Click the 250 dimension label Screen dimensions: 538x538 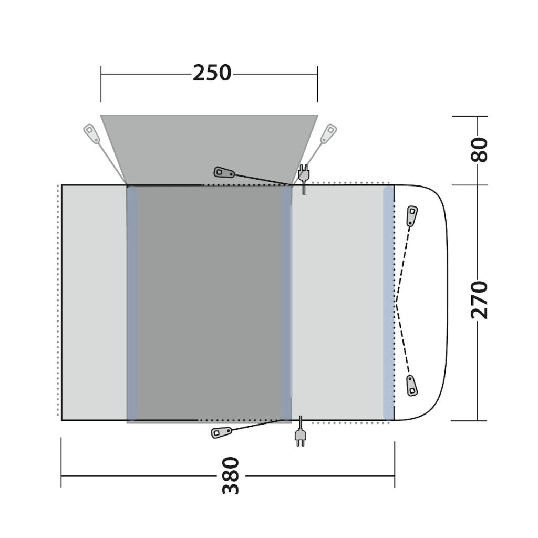coord(212,73)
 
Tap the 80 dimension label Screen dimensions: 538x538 coord(479,150)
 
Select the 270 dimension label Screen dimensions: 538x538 coord(479,300)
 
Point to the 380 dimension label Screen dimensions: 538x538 coord(231,475)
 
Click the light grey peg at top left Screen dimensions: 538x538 coord(91,133)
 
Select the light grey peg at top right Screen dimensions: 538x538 coord(328,133)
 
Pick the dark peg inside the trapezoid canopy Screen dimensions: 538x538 coord(224,172)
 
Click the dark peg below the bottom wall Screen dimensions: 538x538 coord(221,432)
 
